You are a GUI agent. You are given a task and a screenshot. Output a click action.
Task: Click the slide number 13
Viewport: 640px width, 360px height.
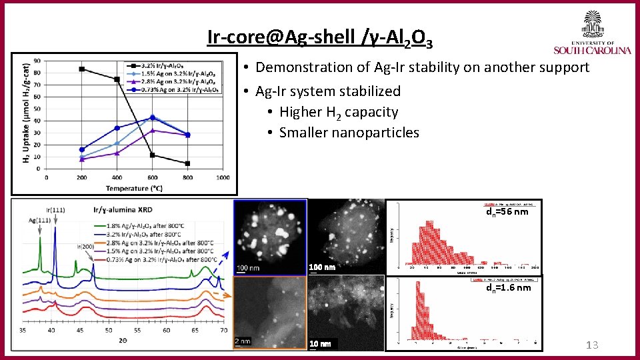tap(591, 345)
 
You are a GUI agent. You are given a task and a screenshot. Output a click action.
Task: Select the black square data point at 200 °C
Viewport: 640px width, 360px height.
tap(82, 69)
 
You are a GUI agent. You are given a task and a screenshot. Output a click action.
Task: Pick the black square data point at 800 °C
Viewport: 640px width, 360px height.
tap(187, 163)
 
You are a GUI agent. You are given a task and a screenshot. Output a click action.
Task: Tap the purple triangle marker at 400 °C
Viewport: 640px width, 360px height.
tap(117, 153)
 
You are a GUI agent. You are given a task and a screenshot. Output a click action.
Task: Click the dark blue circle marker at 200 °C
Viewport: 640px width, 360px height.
tap(82, 149)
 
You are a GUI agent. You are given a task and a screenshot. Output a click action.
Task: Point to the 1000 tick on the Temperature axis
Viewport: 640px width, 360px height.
tap(223, 177)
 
